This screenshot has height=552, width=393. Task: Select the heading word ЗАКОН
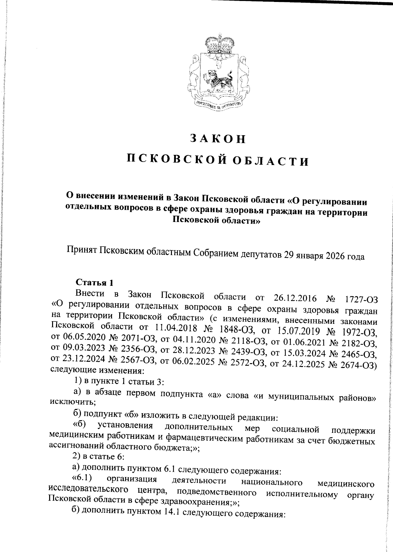(x=218, y=139)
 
